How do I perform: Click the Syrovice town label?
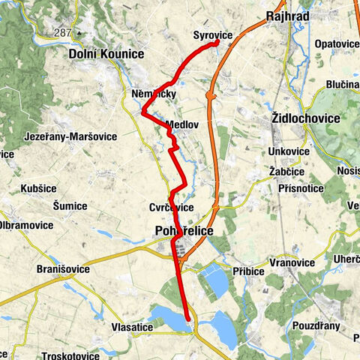212,35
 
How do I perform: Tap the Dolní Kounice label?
104,54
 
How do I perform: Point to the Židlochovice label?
306,118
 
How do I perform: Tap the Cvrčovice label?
171,208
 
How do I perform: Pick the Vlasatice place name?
133,328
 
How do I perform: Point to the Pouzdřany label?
315,326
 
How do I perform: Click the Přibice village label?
248,270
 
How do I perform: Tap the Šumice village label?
70,205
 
